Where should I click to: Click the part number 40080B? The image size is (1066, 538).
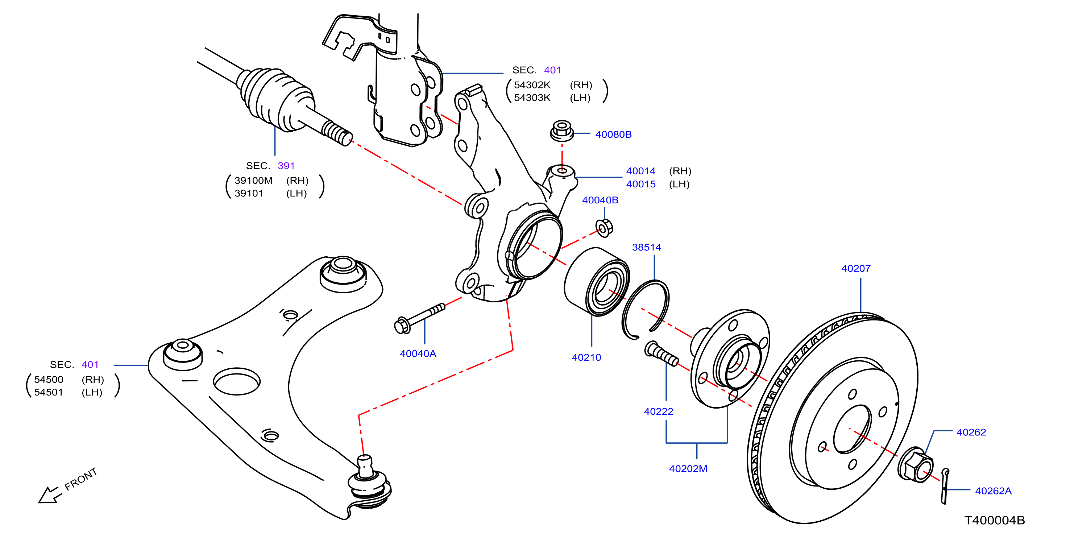click(x=613, y=134)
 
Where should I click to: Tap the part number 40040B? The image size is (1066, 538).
click(x=600, y=200)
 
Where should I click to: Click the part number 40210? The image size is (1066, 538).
click(x=586, y=357)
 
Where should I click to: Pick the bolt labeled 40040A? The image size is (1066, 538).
click(x=420, y=318)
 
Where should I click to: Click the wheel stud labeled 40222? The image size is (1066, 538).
click(x=661, y=354)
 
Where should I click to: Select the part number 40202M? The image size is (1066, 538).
click(x=688, y=469)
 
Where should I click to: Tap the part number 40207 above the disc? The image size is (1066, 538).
click(x=856, y=269)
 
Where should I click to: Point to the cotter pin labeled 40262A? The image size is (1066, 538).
click(x=945, y=486)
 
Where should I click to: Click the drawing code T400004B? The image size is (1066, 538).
click(x=994, y=520)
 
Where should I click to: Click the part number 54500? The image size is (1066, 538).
click(x=49, y=380)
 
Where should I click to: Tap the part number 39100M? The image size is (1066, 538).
click(x=253, y=181)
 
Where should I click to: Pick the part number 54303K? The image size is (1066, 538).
click(x=532, y=98)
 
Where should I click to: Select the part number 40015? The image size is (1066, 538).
click(x=640, y=184)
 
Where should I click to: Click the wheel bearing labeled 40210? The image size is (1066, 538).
click(x=597, y=282)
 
